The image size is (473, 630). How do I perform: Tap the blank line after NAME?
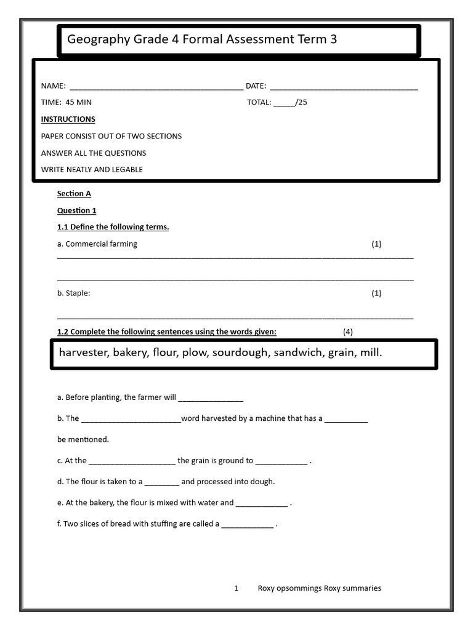(x=156, y=87)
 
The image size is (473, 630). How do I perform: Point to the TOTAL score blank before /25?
(x=284, y=103)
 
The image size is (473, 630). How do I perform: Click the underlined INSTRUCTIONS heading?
(x=68, y=119)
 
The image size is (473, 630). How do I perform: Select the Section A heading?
(x=74, y=194)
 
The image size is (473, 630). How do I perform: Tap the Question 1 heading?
(x=76, y=210)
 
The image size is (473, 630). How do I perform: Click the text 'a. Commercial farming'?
(x=97, y=244)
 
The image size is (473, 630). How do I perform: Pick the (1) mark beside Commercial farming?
(x=376, y=244)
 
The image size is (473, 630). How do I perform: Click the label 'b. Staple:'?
(x=73, y=293)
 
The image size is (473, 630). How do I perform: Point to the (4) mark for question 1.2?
(x=348, y=332)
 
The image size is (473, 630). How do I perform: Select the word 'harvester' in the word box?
(x=83, y=353)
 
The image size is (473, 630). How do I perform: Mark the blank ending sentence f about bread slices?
(x=248, y=525)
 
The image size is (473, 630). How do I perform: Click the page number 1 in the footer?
(x=236, y=588)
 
